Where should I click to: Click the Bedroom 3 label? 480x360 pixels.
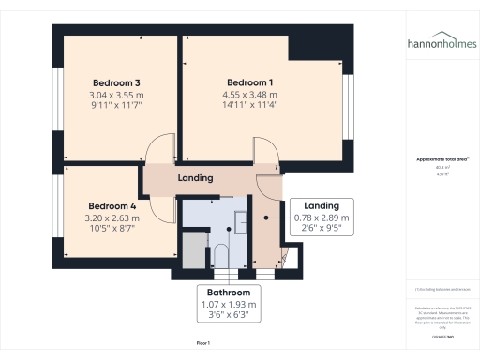(116, 82)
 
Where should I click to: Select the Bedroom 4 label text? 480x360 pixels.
(112, 205)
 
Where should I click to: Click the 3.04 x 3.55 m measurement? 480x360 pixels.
(116, 95)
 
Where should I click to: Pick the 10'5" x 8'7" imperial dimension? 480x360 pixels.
(112, 230)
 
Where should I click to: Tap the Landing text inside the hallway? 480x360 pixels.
(195, 178)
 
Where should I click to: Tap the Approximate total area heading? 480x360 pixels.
(441, 159)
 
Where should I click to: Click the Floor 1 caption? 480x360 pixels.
(203, 344)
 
